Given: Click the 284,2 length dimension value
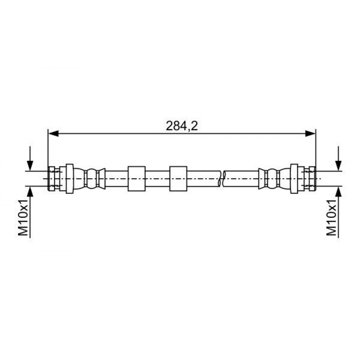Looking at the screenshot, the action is tap(181, 126).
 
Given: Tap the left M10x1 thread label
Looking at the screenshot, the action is tap(23, 217).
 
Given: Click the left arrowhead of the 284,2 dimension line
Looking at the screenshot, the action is tap(53, 134).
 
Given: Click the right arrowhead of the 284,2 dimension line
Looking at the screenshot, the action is tap(310, 134).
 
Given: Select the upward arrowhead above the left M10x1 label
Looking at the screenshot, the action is tap(30, 192).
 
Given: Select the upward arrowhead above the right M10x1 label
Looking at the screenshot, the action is tap(338, 192).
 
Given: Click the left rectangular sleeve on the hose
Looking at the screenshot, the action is tap(136, 179).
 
